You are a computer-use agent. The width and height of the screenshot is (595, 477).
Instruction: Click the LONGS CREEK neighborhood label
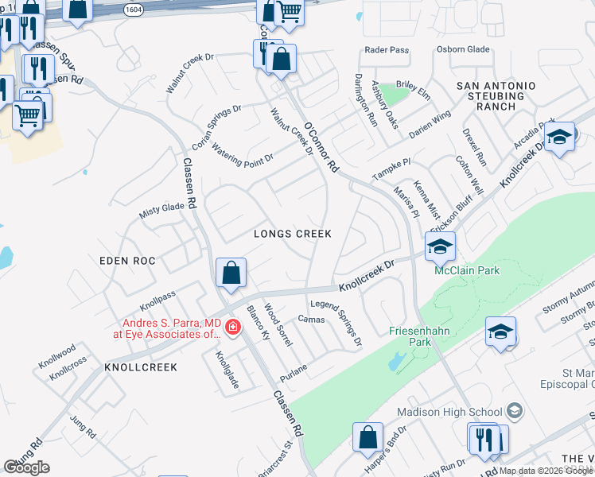[x=292, y=234]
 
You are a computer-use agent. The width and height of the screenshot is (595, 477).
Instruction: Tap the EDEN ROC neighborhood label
[x=127, y=261]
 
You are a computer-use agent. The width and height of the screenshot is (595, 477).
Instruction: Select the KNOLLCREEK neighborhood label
[x=140, y=367]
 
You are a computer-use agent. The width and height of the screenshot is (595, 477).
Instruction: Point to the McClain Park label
[x=467, y=270]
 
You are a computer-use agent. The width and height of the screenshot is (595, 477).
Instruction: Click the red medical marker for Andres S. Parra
[x=233, y=327]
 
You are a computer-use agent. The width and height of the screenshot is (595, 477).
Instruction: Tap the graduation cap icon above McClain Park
[x=439, y=246]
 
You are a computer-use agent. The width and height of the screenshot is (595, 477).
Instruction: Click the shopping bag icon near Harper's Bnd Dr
[x=367, y=436]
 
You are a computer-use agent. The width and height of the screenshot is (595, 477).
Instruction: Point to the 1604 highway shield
[x=134, y=9]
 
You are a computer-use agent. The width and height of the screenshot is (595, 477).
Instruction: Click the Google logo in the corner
[x=27, y=467]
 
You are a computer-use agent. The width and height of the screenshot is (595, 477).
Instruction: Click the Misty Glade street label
[x=161, y=207]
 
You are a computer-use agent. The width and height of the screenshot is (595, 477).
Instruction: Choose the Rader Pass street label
[x=386, y=49]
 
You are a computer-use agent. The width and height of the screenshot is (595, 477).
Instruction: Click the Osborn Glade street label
[x=461, y=49]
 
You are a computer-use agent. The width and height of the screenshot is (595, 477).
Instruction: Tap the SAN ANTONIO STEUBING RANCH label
[x=496, y=95]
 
